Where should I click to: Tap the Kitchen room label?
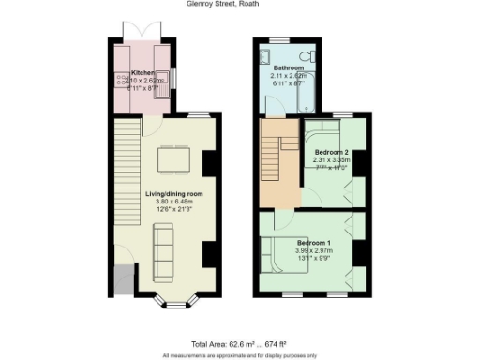[142, 72]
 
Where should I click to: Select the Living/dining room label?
[173, 194]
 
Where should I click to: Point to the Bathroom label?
[288, 69]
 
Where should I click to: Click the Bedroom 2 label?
[331, 152]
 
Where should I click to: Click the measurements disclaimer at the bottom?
[239, 355]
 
